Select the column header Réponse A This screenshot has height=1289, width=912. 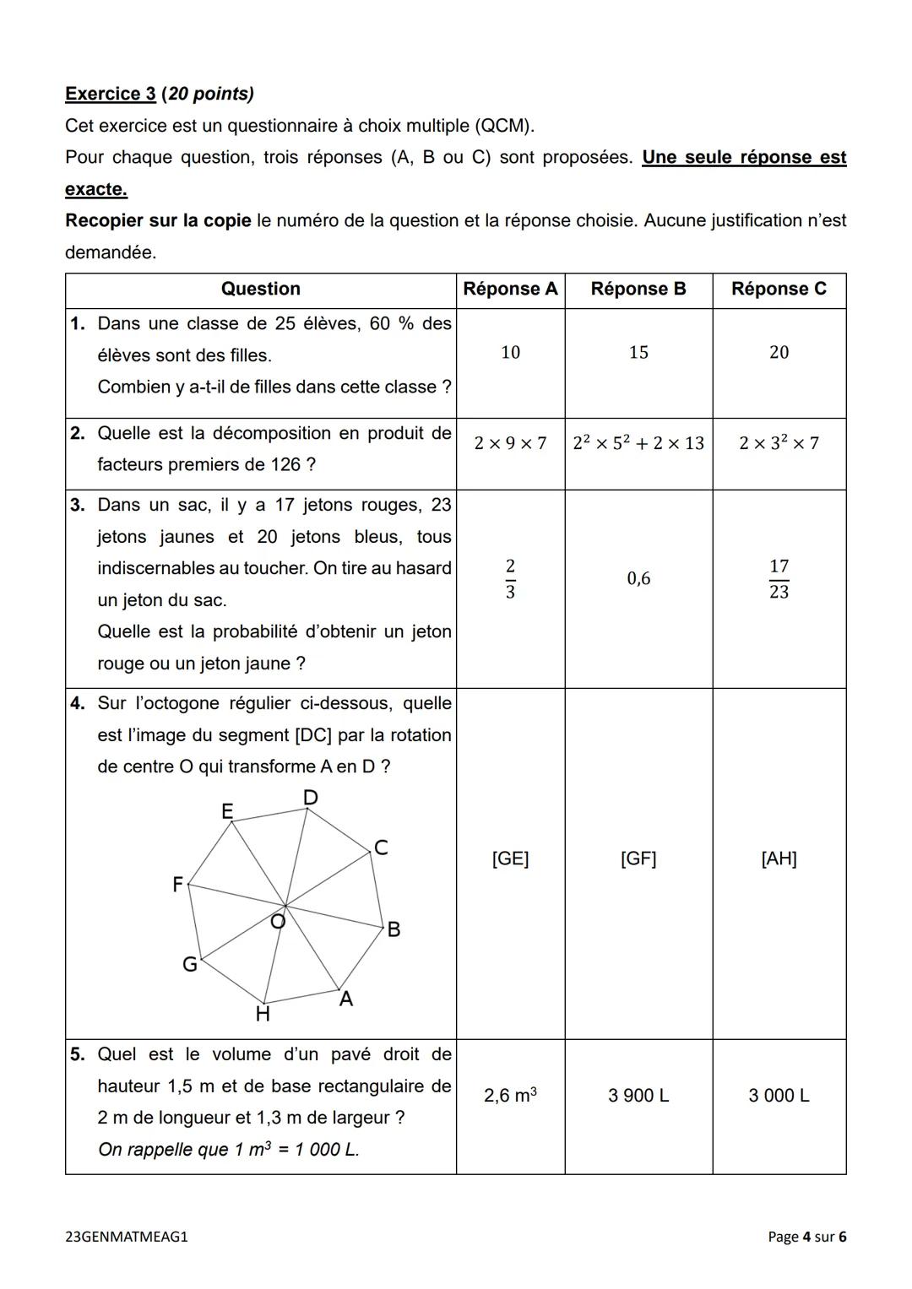510,289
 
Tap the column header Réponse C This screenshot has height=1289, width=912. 779,289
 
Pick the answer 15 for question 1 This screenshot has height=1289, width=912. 638,353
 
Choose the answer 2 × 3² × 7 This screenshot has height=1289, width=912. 779,443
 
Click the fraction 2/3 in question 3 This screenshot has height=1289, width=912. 510,579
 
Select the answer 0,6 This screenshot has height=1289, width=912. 638,579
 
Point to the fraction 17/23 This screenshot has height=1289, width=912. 779,579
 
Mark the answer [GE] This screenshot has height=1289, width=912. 510,858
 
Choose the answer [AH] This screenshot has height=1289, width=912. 779,858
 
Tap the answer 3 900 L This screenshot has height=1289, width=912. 638,1096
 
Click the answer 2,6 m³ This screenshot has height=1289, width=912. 510,1096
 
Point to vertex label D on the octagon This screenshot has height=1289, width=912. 310,798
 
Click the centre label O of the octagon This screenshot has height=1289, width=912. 277,922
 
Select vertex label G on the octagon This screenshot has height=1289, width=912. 190,964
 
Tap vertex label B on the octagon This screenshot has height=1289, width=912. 393,930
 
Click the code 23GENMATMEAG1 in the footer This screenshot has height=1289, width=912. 127,1237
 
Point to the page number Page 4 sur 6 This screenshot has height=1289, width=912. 806,1237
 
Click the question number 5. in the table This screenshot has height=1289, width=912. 78,1054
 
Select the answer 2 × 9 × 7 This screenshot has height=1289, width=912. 510,443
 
